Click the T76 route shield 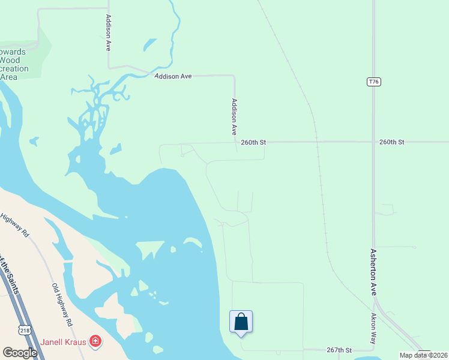pos(373,81)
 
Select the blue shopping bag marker pos(241,322)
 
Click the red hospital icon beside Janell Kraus pos(95,342)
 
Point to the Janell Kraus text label pos(64,343)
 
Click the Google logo pos(20,352)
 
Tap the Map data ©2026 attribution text pos(423,355)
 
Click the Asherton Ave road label pos(373,272)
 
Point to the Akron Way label pos(373,328)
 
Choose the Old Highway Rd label pos(62,304)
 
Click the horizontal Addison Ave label pos(173,77)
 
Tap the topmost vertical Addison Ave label pos(108,32)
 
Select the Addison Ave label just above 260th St pos(235,116)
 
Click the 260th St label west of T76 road pos(253,142)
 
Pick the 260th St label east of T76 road pos(392,142)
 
